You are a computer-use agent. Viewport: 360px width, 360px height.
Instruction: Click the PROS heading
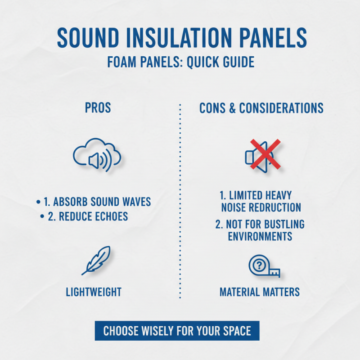(x=98, y=108)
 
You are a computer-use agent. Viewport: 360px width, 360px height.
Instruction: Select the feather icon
(x=96, y=261)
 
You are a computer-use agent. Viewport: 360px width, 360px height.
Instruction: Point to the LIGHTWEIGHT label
(x=94, y=292)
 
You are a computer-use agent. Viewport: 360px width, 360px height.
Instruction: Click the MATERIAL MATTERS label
(x=260, y=292)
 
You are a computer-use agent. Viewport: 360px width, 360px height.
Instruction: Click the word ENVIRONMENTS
(x=260, y=236)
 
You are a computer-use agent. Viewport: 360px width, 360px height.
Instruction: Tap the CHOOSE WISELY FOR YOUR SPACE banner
(x=177, y=331)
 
